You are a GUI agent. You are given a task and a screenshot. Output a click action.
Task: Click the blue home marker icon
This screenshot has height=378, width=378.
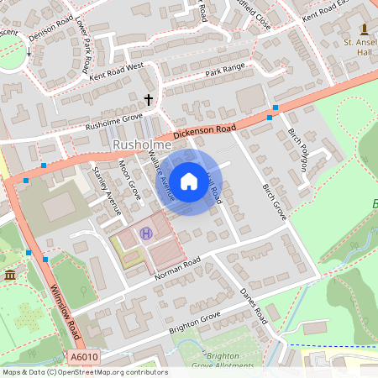[x=189, y=181]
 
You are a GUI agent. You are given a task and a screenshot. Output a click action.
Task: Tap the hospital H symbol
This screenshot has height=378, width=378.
[x=147, y=234]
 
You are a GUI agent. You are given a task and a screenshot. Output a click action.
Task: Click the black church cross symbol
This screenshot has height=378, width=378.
[x=149, y=100]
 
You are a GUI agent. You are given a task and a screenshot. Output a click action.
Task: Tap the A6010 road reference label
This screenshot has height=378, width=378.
[x=84, y=358]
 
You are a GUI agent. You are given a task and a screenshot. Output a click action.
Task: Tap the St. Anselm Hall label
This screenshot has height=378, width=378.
[x=360, y=47]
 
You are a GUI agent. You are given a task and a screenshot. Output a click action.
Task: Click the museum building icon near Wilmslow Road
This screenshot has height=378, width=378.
[x=9, y=276]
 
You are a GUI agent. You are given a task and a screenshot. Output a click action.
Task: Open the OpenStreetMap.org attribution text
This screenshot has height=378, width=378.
[x=110, y=372]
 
